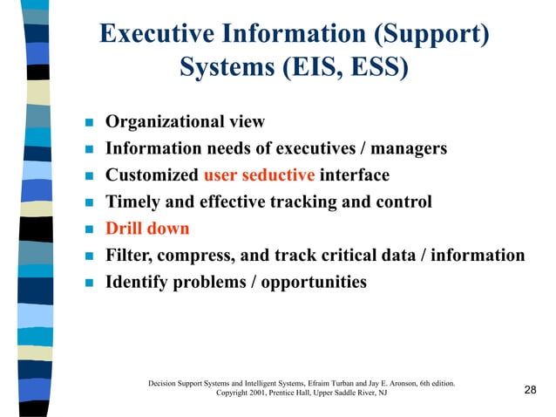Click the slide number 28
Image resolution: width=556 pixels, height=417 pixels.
(x=530, y=389)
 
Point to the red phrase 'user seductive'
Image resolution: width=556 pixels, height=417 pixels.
(x=259, y=175)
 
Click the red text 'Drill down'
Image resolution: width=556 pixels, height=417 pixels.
(x=147, y=229)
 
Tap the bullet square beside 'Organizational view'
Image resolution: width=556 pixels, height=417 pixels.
(x=87, y=122)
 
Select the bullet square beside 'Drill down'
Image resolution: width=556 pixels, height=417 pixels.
(x=87, y=230)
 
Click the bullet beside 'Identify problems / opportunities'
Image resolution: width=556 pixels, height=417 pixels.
(x=87, y=284)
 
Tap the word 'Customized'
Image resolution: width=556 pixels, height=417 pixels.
(x=152, y=175)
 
